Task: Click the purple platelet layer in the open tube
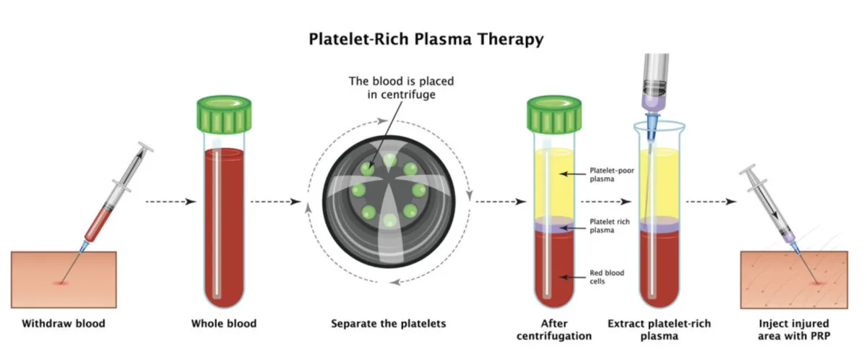[658, 227]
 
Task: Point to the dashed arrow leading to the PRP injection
[712, 201]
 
